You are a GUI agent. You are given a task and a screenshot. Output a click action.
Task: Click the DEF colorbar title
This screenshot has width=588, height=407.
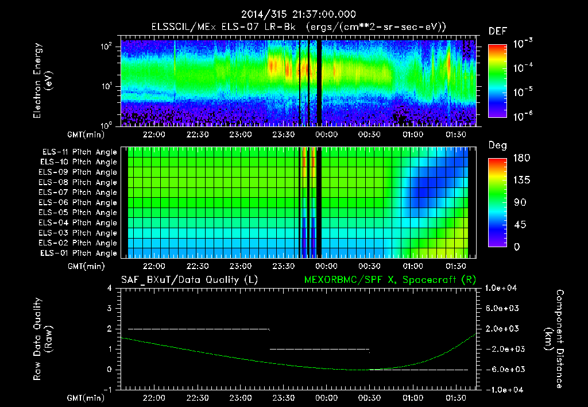[497, 31]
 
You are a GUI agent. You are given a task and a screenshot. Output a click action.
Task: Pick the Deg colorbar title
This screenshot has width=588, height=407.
[497, 145]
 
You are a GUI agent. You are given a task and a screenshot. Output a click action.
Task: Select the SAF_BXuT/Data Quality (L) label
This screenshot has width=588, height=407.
[189, 279]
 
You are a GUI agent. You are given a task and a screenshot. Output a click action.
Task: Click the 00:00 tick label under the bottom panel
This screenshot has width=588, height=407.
[326, 398]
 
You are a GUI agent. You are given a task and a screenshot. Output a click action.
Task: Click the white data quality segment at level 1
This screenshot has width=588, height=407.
[319, 349]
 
